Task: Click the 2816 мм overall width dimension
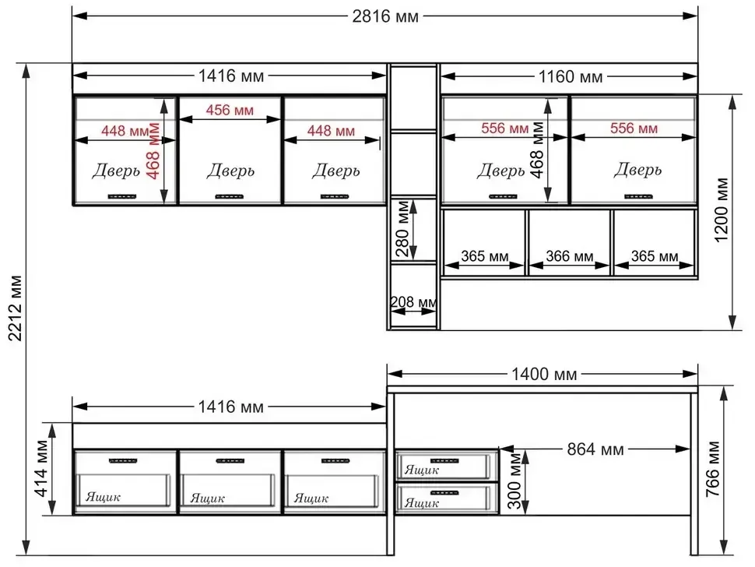pos(385,16)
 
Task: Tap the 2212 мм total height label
pos(15,308)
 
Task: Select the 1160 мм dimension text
pos(570,76)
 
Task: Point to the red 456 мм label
pos(230,111)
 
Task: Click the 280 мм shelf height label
pos(402,228)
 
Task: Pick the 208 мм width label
pos(413,302)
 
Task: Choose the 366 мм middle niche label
pos(569,255)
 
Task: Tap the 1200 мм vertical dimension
pos(722,210)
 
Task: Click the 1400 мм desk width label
pos(544,375)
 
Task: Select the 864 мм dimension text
pos(595,449)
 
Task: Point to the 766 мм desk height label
pos(713,469)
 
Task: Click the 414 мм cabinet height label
pos(42,468)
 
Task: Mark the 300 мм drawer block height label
pos(514,481)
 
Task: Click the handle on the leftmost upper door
pos(122,196)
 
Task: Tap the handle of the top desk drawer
pos(444,461)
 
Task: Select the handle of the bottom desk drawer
pos(444,493)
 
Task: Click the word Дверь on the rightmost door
pos(637,170)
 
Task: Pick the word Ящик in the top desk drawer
pos(422,470)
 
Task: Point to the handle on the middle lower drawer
pos(230,461)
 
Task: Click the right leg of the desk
pos(694,474)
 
